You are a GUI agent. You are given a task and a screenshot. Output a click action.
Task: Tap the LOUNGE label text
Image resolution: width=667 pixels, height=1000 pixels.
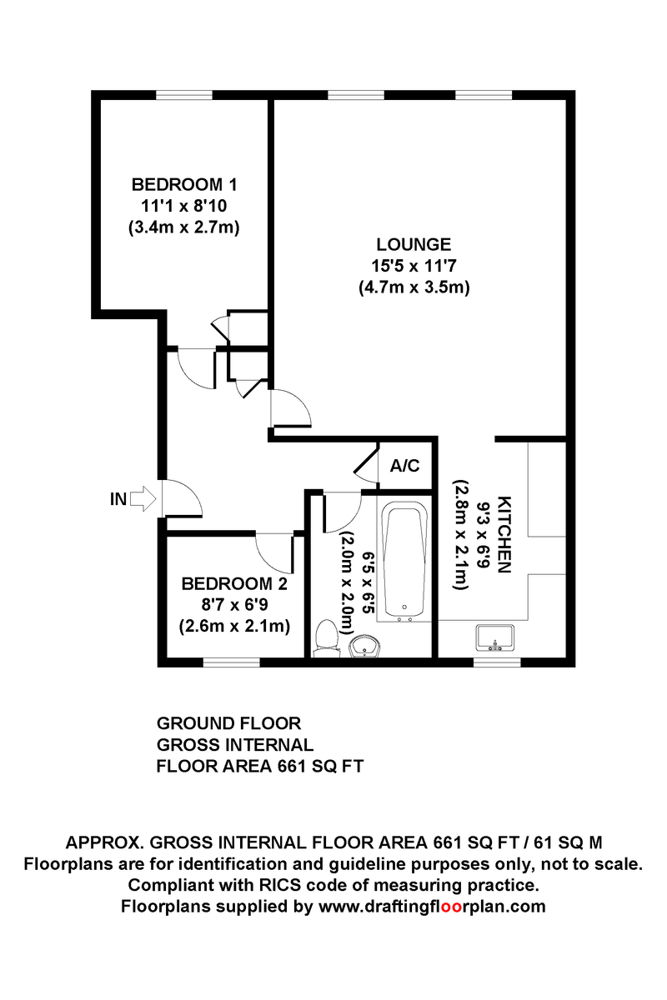click(x=414, y=245)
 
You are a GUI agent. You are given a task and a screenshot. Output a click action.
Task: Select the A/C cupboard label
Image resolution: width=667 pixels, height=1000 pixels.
click(x=404, y=466)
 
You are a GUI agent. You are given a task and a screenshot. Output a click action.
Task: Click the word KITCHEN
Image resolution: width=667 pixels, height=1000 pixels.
click(x=504, y=534)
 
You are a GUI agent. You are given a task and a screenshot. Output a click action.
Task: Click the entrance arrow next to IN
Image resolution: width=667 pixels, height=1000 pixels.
click(x=143, y=499)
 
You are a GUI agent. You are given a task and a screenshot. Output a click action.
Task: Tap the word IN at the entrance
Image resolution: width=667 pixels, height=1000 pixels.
click(x=118, y=500)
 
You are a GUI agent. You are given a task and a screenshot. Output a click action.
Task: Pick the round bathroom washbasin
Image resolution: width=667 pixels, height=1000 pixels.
click(x=364, y=646)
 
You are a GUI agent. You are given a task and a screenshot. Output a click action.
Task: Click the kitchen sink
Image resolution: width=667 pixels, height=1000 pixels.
click(x=496, y=638)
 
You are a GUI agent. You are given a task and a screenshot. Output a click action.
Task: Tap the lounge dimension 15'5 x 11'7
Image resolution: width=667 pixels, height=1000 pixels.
click(x=414, y=267)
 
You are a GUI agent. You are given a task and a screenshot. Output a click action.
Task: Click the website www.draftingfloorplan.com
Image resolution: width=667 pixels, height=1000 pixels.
click(x=432, y=906)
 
